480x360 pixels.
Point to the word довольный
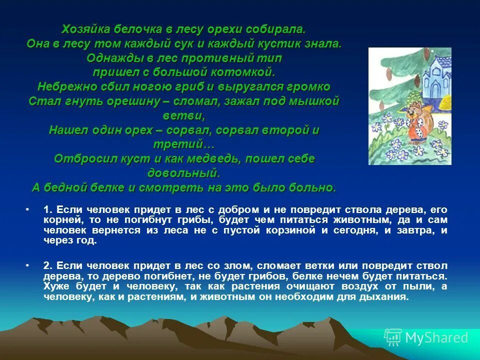pos(184,173)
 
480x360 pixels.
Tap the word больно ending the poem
pos(316,188)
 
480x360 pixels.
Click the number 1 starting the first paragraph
pos(46,209)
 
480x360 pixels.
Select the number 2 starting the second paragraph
pos(46,265)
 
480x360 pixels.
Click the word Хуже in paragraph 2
pos(56,286)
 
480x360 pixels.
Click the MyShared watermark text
pos(436,337)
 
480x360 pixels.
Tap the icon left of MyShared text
pos(393,337)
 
